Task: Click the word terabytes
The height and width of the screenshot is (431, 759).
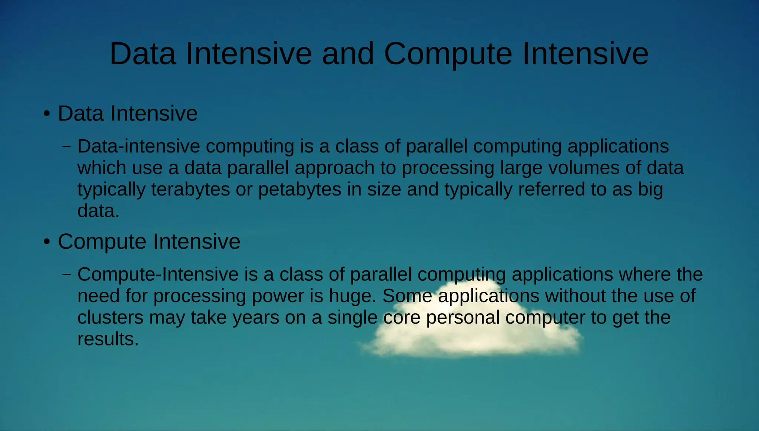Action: (190, 190)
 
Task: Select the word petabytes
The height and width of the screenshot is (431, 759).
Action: (299, 190)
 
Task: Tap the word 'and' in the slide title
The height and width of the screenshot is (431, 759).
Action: (348, 54)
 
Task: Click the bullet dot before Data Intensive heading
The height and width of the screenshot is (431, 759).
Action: (46, 114)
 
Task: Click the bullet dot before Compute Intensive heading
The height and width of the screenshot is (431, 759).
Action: (46, 242)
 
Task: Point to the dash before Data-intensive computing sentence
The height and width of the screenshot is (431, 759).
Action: (67, 146)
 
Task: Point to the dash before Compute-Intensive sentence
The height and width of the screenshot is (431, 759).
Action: (67, 274)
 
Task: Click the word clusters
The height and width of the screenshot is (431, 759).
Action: (110, 318)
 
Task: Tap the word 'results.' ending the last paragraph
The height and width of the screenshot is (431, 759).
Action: (108, 339)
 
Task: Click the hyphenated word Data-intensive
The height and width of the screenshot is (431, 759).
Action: (139, 146)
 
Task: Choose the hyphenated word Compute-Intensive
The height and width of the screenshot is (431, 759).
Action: (158, 274)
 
